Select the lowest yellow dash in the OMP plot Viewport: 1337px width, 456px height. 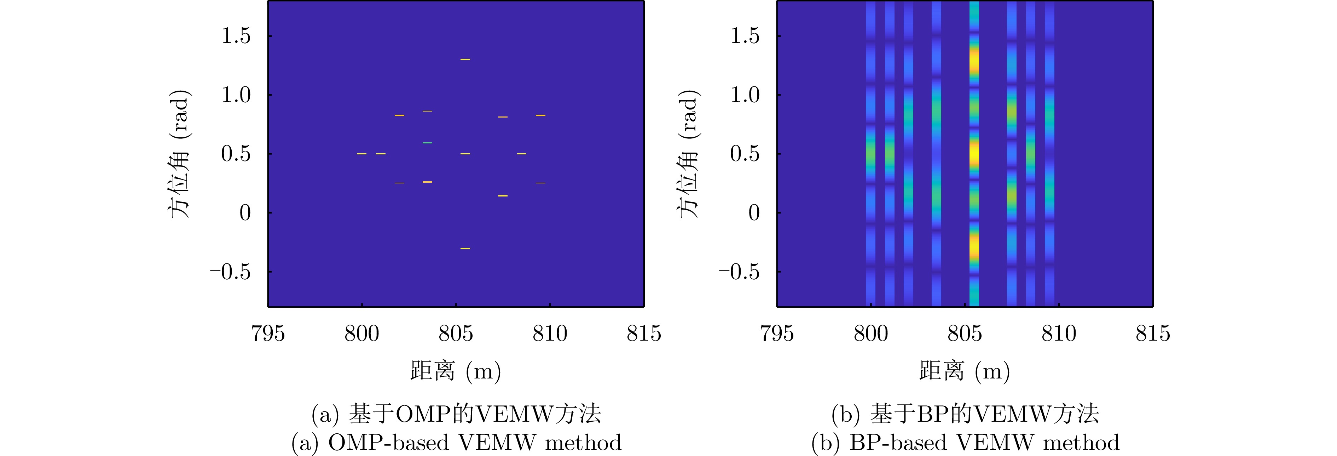(x=465, y=248)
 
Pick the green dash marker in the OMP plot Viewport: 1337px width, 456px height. (x=427, y=142)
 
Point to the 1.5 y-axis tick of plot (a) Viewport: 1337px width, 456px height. (x=236, y=36)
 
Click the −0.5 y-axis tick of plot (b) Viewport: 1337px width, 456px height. (x=739, y=272)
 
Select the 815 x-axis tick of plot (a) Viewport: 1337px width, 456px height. (x=644, y=334)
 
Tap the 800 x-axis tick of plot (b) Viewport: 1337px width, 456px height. (x=871, y=334)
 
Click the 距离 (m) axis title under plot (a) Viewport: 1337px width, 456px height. (x=455, y=371)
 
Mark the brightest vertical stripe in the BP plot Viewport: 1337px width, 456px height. (x=974, y=154)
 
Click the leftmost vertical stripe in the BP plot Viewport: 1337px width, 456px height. (x=870, y=154)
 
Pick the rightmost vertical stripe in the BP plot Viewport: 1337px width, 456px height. (x=1049, y=154)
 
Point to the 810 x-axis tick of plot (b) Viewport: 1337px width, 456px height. (x=1059, y=334)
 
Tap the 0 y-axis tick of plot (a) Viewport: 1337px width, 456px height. (x=245, y=213)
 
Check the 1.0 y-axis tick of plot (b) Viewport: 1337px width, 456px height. (x=745, y=95)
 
